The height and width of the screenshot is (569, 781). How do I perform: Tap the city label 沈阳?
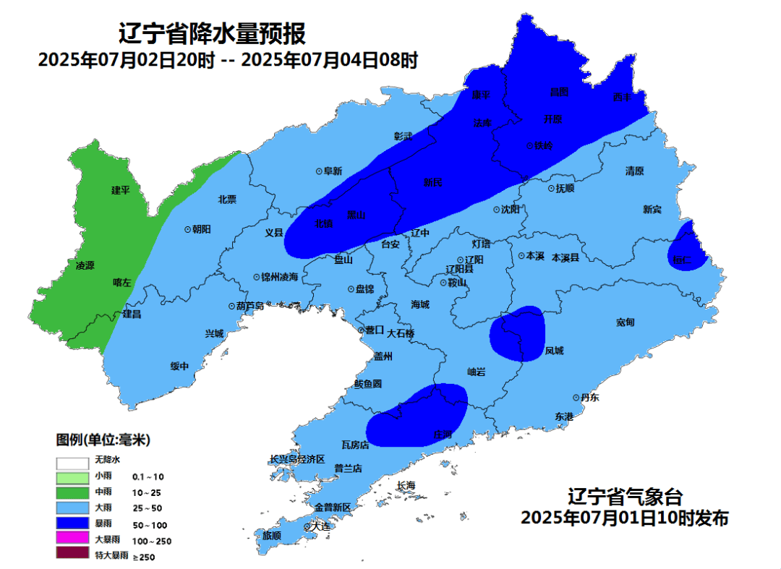coord(511,209)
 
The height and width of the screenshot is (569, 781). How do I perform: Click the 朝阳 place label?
coord(202,228)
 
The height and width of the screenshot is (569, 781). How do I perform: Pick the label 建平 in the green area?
coord(120,190)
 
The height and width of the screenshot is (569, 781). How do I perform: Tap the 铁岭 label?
coord(543,145)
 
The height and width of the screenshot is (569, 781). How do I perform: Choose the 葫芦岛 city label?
coord(250,306)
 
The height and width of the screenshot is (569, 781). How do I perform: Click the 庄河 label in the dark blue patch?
coord(442,434)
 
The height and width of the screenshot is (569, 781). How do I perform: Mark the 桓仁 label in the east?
coord(681,259)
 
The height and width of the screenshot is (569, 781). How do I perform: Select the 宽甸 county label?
coord(626,322)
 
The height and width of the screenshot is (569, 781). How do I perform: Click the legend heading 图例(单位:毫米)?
coord(103,440)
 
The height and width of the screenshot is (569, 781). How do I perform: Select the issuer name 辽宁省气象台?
coord(624,497)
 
